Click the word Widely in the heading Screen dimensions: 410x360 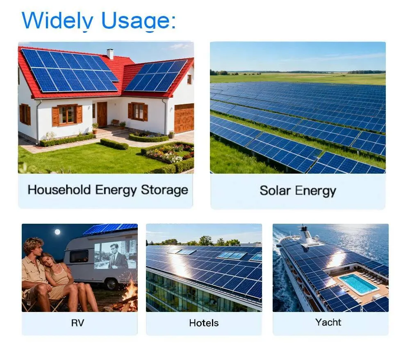click(x=57, y=21)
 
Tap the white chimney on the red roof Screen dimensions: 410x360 click(x=110, y=54)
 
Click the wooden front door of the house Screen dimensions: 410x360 click(x=102, y=114)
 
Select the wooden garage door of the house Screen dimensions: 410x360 click(x=184, y=118)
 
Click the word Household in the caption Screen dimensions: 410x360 click(x=59, y=190)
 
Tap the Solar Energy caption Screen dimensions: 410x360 click(x=298, y=191)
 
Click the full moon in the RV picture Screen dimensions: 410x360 click(x=57, y=232)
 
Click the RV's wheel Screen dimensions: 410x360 click(x=112, y=283)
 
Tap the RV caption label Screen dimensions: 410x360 click(x=77, y=323)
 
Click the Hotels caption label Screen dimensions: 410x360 click(x=204, y=323)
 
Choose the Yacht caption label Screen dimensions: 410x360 click(x=328, y=322)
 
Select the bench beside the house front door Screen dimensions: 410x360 click(x=115, y=122)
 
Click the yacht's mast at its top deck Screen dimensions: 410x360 click(x=303, y=229)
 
